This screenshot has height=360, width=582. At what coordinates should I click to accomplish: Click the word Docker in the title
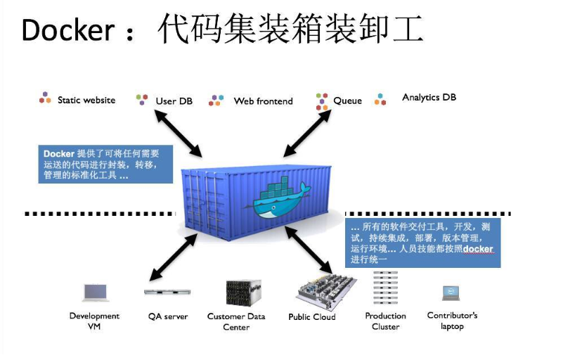pyautogui.click(x=67, y=30)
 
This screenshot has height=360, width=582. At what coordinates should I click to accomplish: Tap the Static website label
pyautogui.click(x=86, y=100)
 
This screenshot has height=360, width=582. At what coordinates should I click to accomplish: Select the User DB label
pyautogui.click(x=174, y=101)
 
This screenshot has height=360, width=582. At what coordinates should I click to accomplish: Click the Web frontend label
pyautogui.click(x=263, y=101)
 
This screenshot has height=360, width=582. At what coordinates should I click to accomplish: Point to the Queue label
pyautogui.click(x=347, y=101)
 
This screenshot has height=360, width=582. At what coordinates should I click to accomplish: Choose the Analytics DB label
pyautogui.click(x=429, y=97)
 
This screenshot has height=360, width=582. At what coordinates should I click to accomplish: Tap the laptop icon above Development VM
pyautogui.click(x=95, y=292)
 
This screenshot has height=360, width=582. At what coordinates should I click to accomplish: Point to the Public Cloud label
pyautogui.click(x=312, y=317)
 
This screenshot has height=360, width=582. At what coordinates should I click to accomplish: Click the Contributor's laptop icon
pyautogui.click(x=451, y=292)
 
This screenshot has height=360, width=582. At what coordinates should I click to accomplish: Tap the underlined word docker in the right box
pyautogui.click(x=477, y=249)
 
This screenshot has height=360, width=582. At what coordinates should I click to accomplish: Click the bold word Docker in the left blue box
pyautogui.click(x=58, y=153)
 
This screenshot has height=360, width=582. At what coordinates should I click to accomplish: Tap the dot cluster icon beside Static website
pyautogui.click(x=45, y=98)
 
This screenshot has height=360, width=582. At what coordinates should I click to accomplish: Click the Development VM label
pyautogui.click(x=94, y=321)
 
